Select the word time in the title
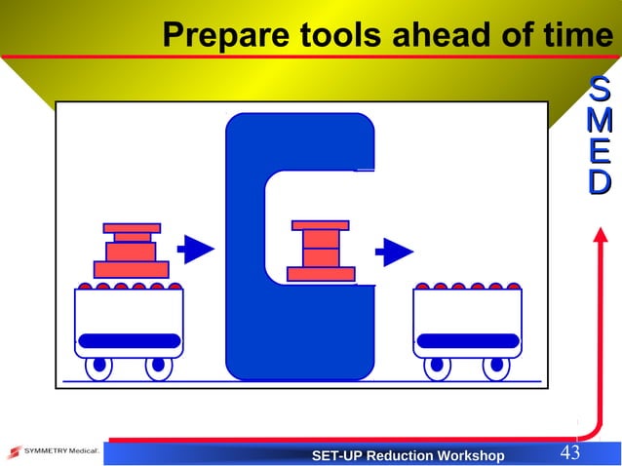[x=576, y=36]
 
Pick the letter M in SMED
[x=601, y=122]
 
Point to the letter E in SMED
[x=601, y=152]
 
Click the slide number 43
[x=569, y=453]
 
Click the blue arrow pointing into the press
[x=199, y=251]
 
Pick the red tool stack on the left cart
[x=131, y=251]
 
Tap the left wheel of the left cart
[x=97, y=367]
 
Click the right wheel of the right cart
[x=495, y=367]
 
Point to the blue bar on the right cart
[x=468, y=340]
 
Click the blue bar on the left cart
[x=129, y=340]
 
